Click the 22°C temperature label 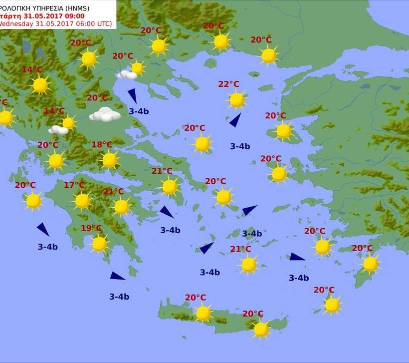point(228,84)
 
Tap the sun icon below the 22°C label point(237,100)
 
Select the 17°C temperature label point(74,185)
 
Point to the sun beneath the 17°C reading point(82,201)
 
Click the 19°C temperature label point(91,228)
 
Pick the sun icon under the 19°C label point(99,244)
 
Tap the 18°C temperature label point(102,145)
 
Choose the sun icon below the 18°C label point(109,160)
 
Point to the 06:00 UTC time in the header point(94,23)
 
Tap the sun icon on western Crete point(203,313)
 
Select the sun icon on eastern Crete point(261,329)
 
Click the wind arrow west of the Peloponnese point(43,229)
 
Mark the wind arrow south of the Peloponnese point(117,276)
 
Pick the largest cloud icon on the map point(105,115)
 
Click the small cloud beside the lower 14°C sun point(58,130)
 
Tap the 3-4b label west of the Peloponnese point(47,247)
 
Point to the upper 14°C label point(32,69)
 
